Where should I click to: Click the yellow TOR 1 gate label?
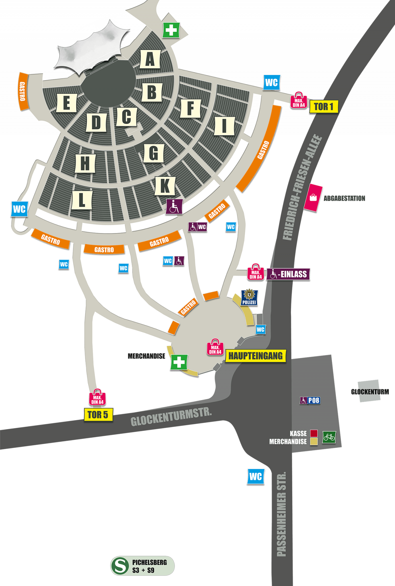click(324, 107)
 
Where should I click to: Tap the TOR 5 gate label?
click(98, 415)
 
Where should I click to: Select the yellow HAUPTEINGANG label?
click(255, 356)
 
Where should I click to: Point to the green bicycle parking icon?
click(329, 437)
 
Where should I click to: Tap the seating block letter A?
click(150, 59)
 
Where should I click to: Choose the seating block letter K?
click(164, 186)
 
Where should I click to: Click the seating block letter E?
click(66, 103)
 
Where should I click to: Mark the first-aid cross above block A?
click(171, 31)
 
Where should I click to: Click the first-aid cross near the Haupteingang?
click(179, 362)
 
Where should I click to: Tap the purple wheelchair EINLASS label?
click(288, 274)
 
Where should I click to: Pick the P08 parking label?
click(310, 401)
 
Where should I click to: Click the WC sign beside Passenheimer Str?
click(255, 476)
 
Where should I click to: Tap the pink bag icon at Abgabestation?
click(313, 198)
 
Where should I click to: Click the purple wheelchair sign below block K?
click(174, 207)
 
